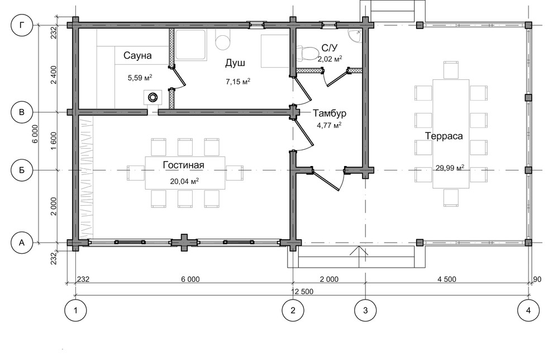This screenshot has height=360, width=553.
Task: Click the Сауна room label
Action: (137, 55)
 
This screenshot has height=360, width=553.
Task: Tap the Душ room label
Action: (235, 63)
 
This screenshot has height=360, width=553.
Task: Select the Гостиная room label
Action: (183, 165)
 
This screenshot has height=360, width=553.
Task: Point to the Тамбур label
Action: (330, 113)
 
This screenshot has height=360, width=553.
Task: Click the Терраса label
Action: (444, 136)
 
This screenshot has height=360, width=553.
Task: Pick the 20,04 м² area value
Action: (184, 181)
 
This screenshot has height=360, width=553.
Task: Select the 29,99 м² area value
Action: (450, 168)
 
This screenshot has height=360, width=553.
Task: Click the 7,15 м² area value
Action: (238, 82)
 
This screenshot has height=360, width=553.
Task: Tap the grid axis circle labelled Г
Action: (22, 25)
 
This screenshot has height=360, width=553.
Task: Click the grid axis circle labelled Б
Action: (22, 170)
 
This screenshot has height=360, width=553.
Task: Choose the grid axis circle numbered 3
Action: (365, 310)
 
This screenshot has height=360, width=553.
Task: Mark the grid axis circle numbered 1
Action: (75, 310)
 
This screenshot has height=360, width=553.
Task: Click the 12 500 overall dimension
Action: (302, 292)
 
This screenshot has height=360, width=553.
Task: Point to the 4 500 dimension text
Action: (447, 279)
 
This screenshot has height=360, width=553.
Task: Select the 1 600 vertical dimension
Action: (54, 141)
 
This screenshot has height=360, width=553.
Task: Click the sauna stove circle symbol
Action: (153, 97)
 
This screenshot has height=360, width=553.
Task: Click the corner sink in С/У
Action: (355, 36)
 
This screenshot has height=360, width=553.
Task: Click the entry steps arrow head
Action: (359, 250)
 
